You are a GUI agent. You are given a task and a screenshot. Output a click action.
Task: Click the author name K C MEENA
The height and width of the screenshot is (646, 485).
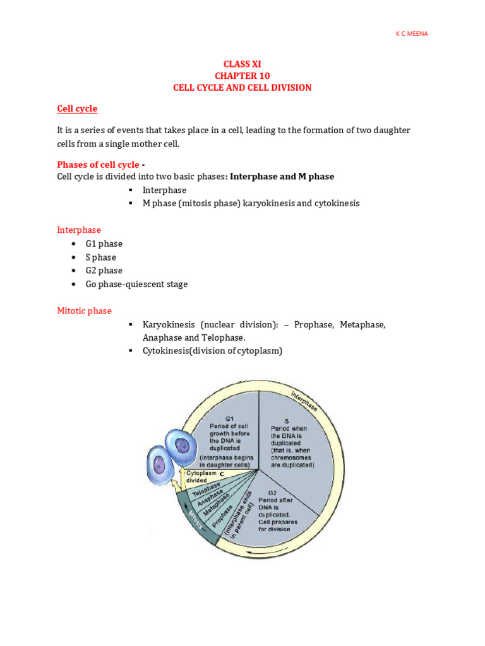coord(411,33)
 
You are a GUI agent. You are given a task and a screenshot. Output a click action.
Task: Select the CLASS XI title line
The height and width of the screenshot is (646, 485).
coord(242,64)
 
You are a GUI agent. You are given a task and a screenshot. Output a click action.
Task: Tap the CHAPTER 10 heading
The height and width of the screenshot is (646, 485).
coord(242,76)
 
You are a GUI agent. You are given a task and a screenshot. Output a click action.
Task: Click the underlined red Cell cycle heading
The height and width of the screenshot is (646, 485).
coord(77,109)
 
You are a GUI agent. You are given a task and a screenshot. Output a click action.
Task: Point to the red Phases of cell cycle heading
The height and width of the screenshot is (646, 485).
coord(98,165)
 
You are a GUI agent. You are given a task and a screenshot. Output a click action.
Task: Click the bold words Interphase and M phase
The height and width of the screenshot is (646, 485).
coord(282,177)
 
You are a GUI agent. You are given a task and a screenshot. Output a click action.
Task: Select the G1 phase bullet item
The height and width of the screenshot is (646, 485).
coord(104,244)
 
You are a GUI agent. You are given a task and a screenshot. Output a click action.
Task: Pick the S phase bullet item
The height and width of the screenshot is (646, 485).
coord(101,257)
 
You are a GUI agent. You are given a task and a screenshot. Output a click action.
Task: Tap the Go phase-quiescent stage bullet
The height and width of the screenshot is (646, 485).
coord(136,285)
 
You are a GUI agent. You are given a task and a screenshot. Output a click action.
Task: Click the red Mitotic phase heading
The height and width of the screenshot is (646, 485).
coord(84,311)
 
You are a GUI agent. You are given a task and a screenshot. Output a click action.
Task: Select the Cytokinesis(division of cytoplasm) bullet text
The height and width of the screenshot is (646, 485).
coord(212,351)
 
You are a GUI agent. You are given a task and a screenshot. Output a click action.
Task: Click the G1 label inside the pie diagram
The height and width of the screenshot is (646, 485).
coord(230,418)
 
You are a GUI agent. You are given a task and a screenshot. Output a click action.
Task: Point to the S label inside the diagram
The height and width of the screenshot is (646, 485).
coord(286,420)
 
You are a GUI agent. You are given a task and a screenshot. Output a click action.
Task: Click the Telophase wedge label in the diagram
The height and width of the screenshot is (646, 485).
coord(207,490)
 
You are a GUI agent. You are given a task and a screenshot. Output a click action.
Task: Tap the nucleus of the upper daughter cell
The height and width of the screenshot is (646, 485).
coord(182,446)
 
